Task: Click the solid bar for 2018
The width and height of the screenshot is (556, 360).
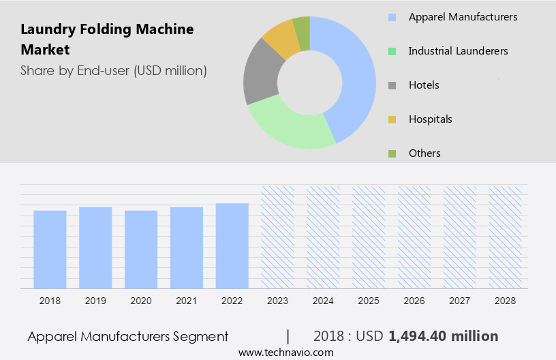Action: click(50, 249)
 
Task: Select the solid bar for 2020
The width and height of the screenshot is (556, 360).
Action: click(141, 249)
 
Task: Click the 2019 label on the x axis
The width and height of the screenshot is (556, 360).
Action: click(95, 300)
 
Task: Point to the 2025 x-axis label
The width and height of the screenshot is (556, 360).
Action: click(369, 300)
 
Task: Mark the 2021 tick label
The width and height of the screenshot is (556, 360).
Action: click(187, 300)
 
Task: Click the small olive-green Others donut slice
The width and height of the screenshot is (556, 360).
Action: click(302, 31)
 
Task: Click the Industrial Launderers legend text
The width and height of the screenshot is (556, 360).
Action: click(458, 50)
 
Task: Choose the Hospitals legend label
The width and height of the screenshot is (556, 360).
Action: click(430, 119)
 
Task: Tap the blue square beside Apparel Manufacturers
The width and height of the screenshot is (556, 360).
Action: click(392, 17)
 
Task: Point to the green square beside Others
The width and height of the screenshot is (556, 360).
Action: click(392, 153)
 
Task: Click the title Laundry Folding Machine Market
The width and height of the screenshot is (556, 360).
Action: click(107, 40)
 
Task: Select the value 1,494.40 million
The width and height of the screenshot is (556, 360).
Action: click(443, 336)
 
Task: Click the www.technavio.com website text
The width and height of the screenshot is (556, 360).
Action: click(285, 352)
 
